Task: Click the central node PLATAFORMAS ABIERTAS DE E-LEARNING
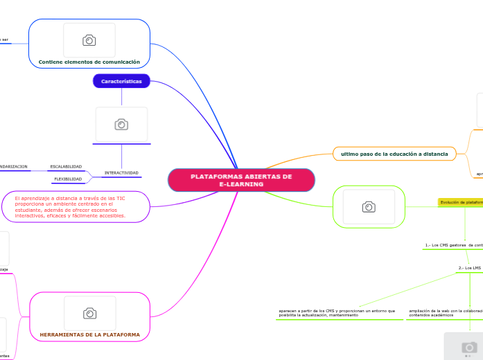click(241, 180)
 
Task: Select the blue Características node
click(121, 82)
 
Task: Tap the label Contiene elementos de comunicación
click(89, 62)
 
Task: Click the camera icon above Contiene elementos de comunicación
click(89, 40)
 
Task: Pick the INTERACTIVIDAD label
click(121, 172)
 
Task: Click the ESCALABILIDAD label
click(66, 166)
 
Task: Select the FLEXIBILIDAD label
click(68, 179)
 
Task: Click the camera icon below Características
click(121, 125)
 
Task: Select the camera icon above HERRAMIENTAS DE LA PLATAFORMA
click(89, 314)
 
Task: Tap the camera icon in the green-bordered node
click(369, 206)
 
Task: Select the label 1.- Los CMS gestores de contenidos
click(453, 245)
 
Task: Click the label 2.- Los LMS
click(469, 268)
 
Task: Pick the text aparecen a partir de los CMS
click(336, 313)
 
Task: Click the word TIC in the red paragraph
click(121, 198)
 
